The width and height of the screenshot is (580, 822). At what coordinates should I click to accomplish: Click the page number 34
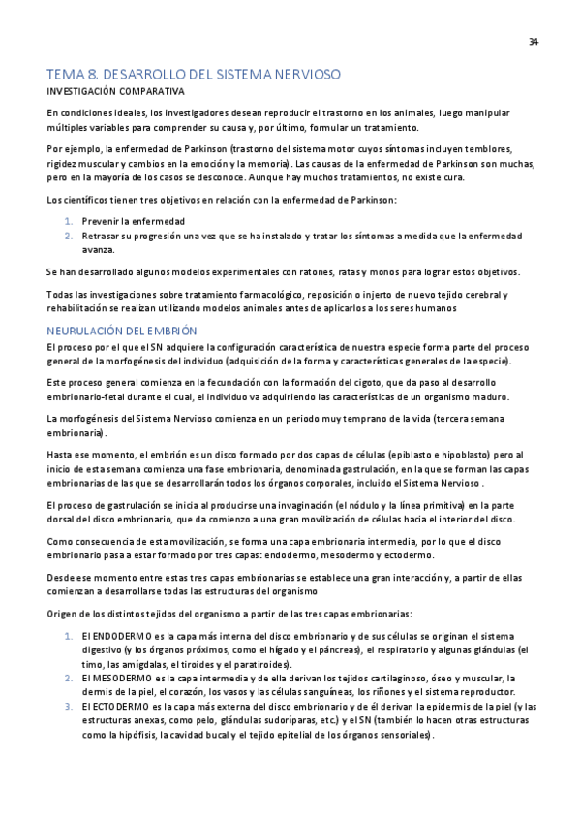coord(534,41)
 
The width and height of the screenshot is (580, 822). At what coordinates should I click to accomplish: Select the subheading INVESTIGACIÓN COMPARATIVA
coord(115,91)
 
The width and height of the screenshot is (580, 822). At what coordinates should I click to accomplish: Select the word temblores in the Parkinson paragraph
coord(492,148)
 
